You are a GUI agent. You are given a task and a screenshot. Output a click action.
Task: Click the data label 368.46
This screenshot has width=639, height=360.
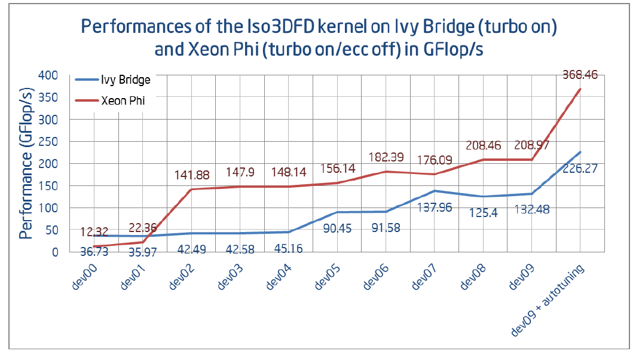point(580,75)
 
